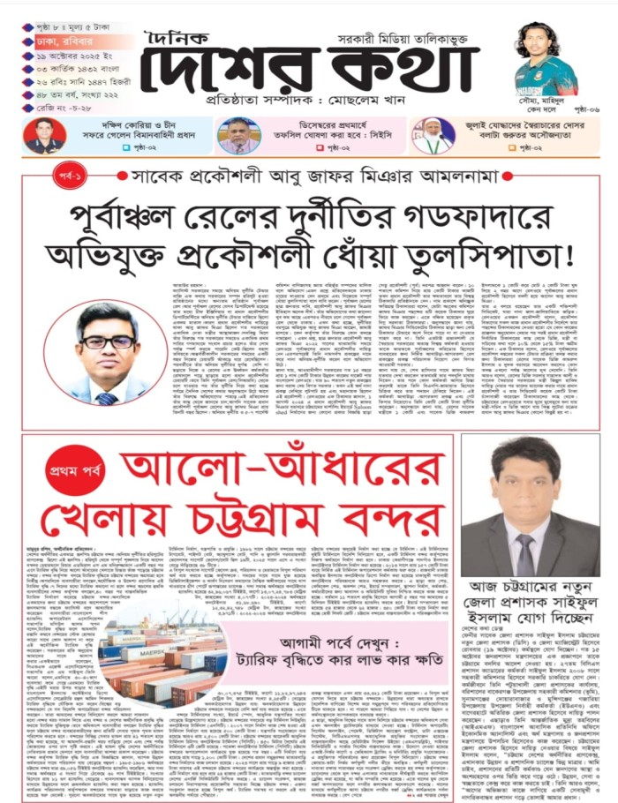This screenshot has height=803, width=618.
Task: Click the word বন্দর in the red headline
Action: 389,520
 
